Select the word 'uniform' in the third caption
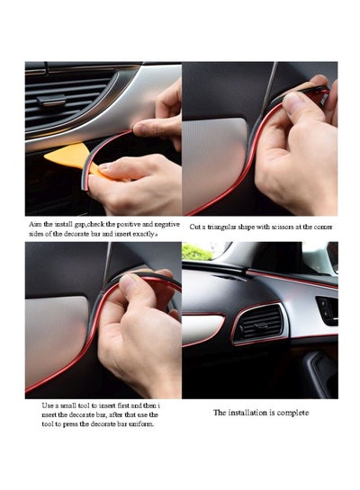click(141, 423)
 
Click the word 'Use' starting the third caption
click(49, 405)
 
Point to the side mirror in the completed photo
click(319, 257)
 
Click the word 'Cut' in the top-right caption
click(196, 227)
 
